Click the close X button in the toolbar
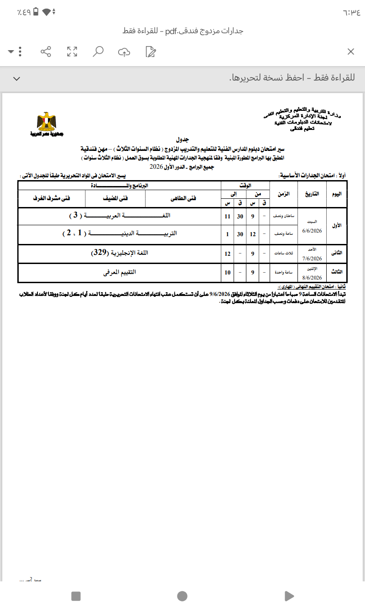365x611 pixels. coord(351,52)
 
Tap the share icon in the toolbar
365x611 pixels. coord(46,52)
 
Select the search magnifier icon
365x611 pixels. coord(98,52)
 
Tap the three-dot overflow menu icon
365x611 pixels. coord(20,52)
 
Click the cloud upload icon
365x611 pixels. coord(124,52)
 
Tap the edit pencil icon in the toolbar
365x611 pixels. coord(151,52)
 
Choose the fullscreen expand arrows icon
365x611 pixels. coord(72,52)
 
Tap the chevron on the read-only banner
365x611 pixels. coord(17,78)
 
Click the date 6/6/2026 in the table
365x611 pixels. coord(312,231)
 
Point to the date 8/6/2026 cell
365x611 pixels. coord(312,277)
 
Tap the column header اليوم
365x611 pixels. coord(336,194)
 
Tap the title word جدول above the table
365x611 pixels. coord(182,138)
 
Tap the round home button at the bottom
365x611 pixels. coord(182,595)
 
